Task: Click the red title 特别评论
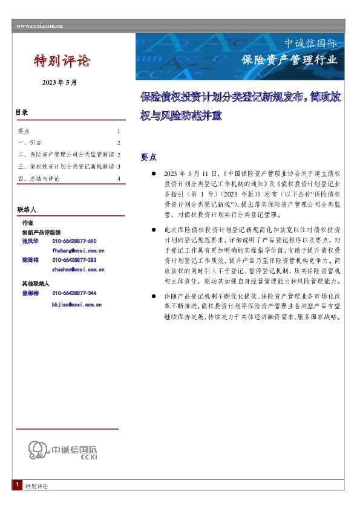click(x=62, y=60)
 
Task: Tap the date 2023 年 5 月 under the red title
click(x=59, y=82)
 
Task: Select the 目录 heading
click(x=22, y=112)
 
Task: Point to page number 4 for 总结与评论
click(x=119, y=178)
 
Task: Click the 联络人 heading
click(x=27, y=209)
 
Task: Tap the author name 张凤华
click(x=30, y=241)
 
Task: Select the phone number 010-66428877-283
click(x=74, y=259)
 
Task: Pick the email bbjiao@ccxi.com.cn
click(x=77, y=304)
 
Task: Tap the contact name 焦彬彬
click(x=30, y=293)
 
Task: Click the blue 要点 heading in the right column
click(x=149, y=156)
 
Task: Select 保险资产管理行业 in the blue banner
click(x=289, y=60)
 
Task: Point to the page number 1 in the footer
click(x=18, y=485)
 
